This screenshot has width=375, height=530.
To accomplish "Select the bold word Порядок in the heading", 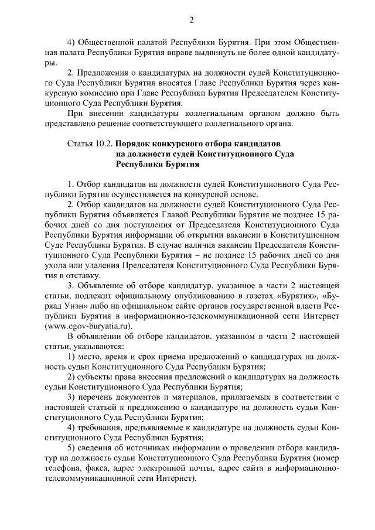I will coord(133,143).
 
